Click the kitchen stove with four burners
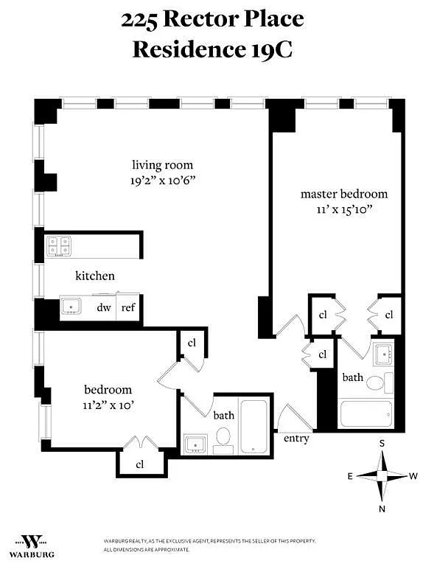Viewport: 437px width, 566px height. click(59, 246)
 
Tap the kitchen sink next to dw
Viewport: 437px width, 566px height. click(71, 307)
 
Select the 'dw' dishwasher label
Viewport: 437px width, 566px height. click(104, 307)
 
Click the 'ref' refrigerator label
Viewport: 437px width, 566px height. click(128, 307)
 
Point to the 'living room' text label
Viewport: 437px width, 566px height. click(162, 165)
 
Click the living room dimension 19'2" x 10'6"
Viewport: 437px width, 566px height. click(162, 180)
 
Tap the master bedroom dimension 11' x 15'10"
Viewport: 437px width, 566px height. click(344, 209)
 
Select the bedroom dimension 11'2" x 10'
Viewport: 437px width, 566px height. click(108, 405)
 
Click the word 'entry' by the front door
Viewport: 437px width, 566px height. click(296, 439)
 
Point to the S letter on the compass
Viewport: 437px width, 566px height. click(382, 443)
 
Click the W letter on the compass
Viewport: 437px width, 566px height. click(413, 476)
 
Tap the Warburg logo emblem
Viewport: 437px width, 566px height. click(32, 542)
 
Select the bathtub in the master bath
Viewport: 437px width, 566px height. click(366, 413)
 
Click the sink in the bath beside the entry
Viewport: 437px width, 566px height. click(195, 444)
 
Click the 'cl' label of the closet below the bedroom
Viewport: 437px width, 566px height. click(140, 464)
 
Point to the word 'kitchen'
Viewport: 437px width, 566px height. click(95, 276)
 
